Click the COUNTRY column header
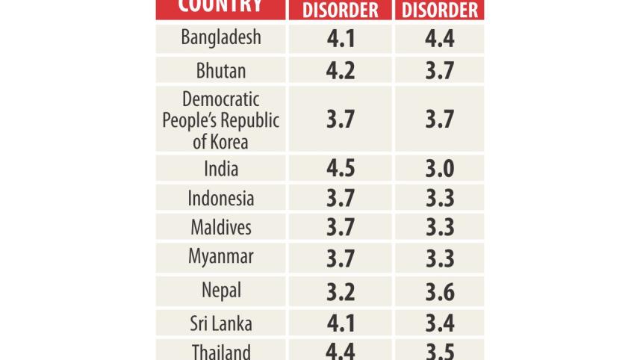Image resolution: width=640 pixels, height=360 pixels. click(x=220, y=6)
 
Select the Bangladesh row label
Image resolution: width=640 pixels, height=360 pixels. click(x=221, y=37)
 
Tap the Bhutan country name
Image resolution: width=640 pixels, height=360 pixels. click(x=221, y=70)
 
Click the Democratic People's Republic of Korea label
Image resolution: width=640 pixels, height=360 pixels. click(x=221, y=120)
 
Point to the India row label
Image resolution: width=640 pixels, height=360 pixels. click(x=221, y=169)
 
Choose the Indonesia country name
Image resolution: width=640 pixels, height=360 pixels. click(x=221, y=199)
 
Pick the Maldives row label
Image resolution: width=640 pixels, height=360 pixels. click(x=221, y=227)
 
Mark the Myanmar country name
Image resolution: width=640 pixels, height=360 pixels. click(x=221, y=257)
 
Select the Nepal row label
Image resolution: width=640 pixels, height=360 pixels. click(x=221, y=290)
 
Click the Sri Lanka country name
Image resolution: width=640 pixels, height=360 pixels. click(x=221, y=324)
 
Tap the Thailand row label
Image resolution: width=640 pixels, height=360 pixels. click(x=221, y=352)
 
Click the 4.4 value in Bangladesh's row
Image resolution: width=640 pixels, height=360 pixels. click(x=440, y=38)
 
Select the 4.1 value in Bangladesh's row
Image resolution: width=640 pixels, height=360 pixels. click(x=341, y=38)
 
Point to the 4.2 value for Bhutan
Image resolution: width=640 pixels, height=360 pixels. click(x=341, y=70)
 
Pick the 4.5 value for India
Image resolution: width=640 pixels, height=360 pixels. click(x=341, y=169)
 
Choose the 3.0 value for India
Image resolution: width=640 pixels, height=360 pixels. click(x=440, y=169)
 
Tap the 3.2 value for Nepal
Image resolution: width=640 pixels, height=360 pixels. click(x=341, y=291)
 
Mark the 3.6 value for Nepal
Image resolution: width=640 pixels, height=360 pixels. click(x=440, y=291)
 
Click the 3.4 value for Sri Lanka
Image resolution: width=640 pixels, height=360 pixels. click(x=440, y=324)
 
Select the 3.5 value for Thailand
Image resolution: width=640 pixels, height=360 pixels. click(x=440, y=352)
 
